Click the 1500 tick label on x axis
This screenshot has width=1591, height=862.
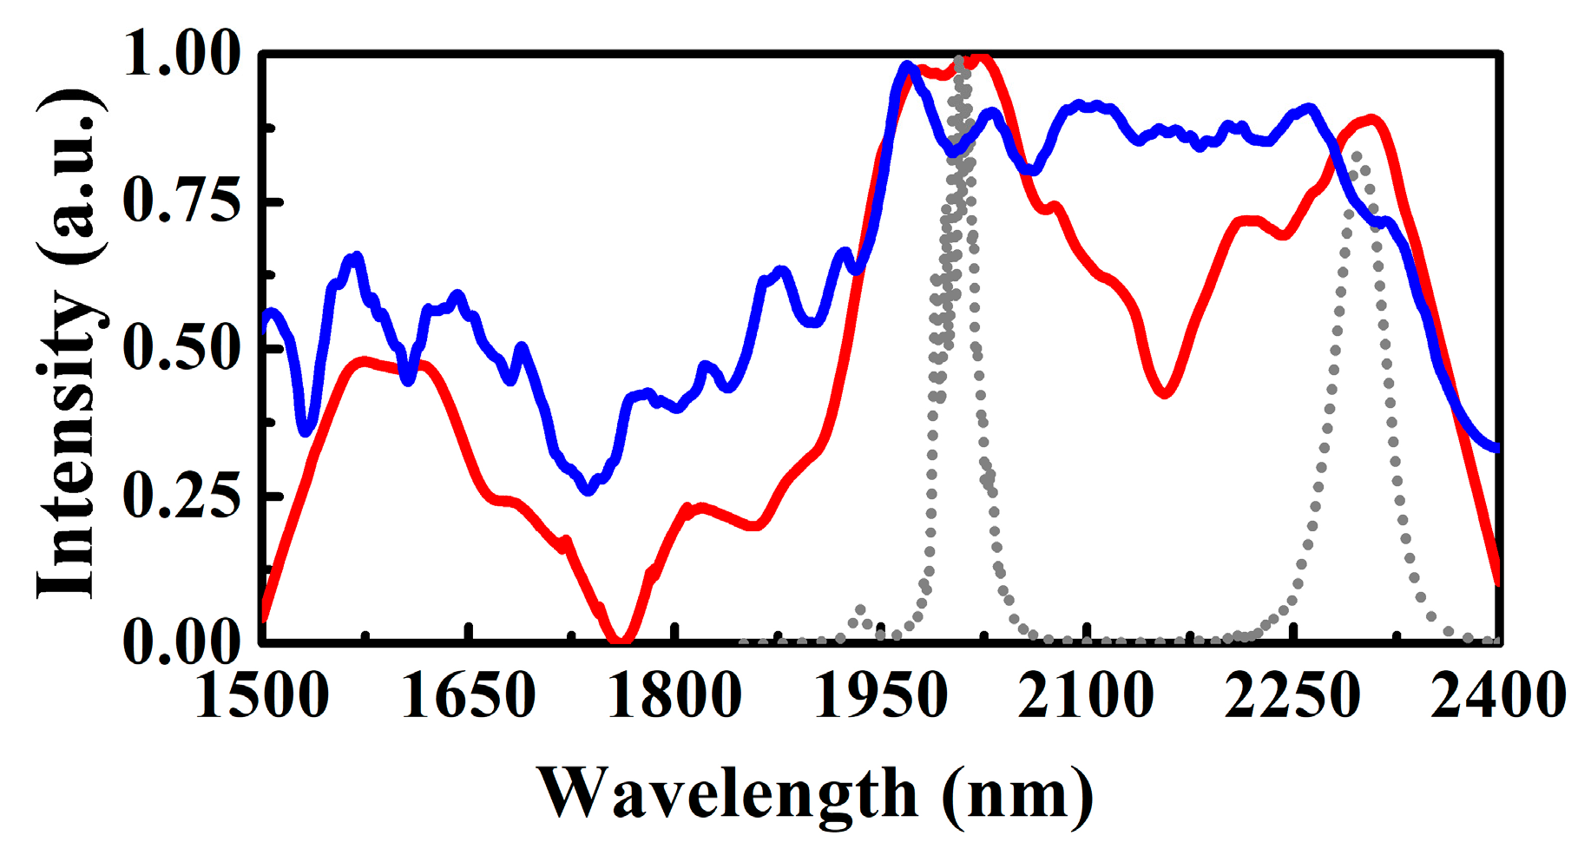coord(262,697)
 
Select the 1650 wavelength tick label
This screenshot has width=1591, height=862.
coord(469,697)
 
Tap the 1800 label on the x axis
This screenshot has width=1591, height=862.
coord(674,697)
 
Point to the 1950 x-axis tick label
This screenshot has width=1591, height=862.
coord(881,697)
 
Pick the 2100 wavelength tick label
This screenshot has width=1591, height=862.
coord(1087,697)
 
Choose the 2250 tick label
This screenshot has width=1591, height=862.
coord(1292,697)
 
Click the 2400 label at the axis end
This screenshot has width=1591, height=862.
coord(1498,697)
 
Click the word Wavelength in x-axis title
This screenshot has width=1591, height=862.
coord(727,793)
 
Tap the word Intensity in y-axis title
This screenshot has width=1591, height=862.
coord(68,443)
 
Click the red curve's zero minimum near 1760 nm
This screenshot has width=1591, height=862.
coord(619,639)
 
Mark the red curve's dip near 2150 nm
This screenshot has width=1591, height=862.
coord(1165,392)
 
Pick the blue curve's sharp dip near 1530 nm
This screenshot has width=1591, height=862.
coord(306,431)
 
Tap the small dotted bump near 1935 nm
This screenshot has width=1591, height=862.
coord(861,610)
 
